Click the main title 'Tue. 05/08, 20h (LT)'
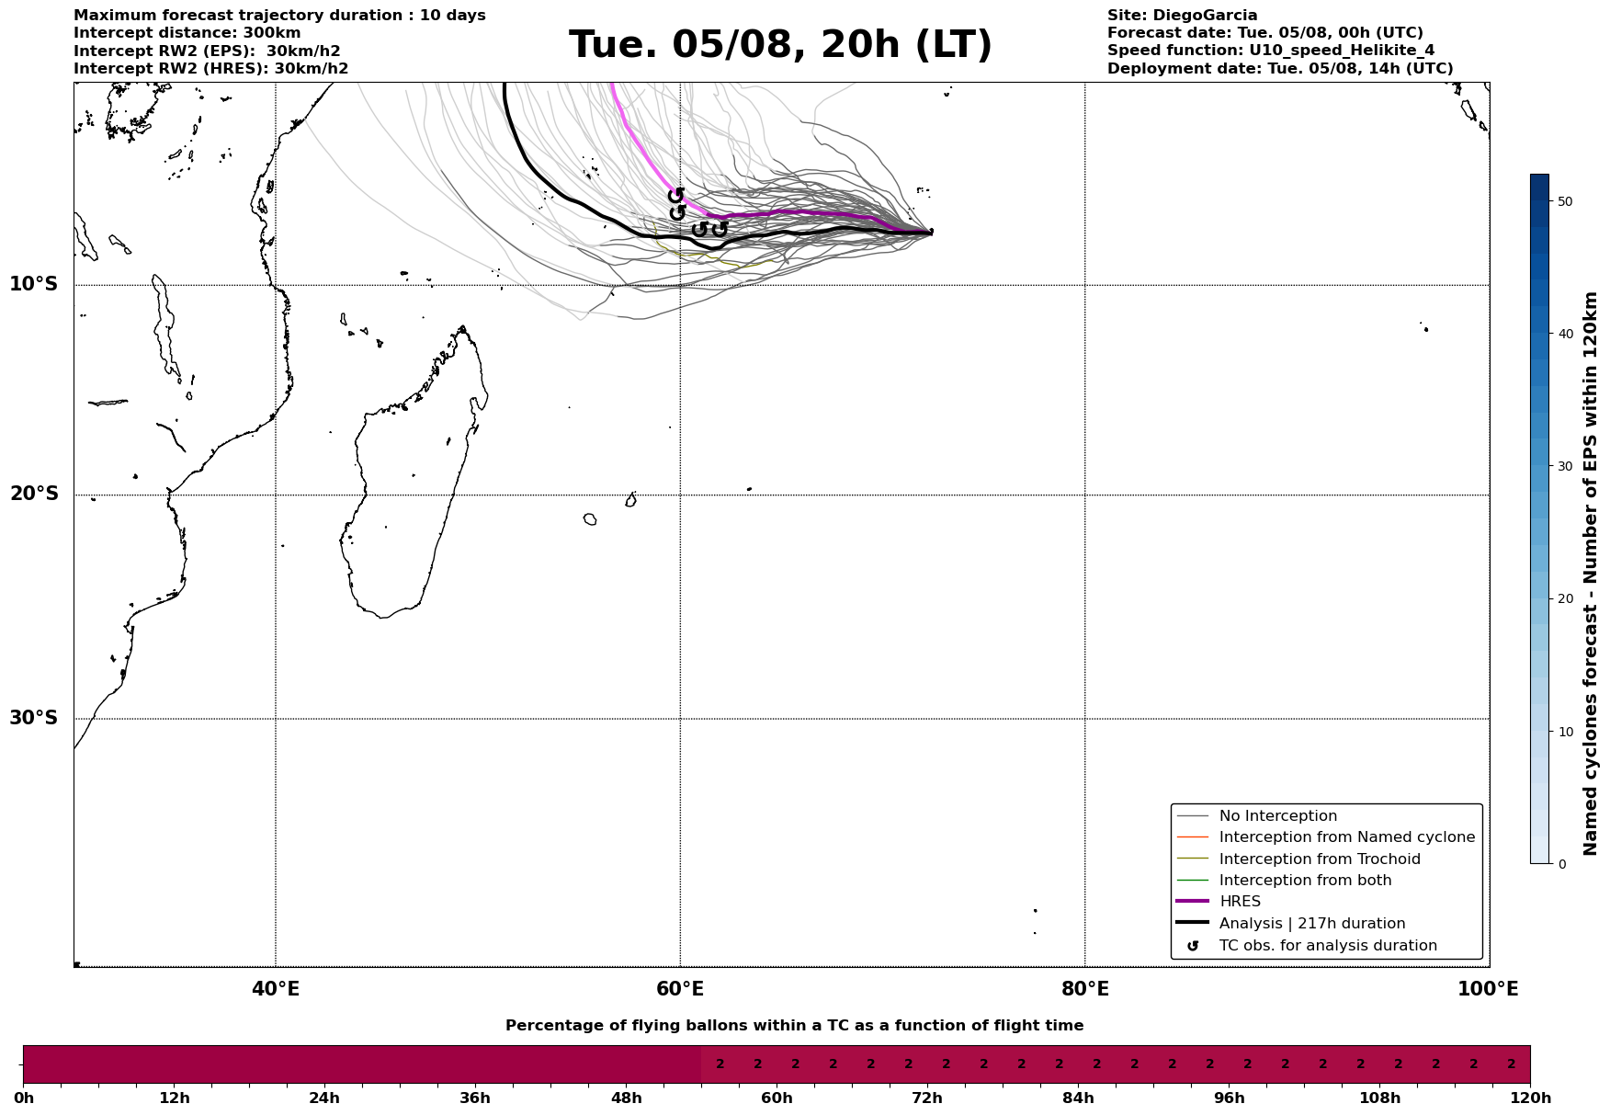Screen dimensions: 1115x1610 (x=780, y=45)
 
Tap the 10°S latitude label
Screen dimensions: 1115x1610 (x=34, y=284)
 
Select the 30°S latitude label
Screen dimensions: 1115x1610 (x=34, y=718)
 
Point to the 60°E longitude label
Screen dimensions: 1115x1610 (x=680, y=990)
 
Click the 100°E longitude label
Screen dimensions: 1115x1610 (x=1488, y=990)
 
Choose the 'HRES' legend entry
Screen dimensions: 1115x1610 (x=1240, y=902)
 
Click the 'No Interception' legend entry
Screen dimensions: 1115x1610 (x=1277, y=816)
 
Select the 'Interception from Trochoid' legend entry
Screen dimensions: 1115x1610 (x=1319, y=859)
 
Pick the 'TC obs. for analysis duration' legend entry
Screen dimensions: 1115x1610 (x=1327, y=946)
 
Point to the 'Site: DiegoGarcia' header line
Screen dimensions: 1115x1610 (x=1182, y=16)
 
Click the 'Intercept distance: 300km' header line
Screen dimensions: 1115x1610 (x=187, y=33)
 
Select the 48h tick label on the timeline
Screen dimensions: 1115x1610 (x=626, y=1098)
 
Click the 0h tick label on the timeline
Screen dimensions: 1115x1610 (x=24, y=1098)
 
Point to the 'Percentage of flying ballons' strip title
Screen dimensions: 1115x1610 (x=794, y=1026)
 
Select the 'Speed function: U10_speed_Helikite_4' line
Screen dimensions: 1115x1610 (x=1270, y=51)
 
